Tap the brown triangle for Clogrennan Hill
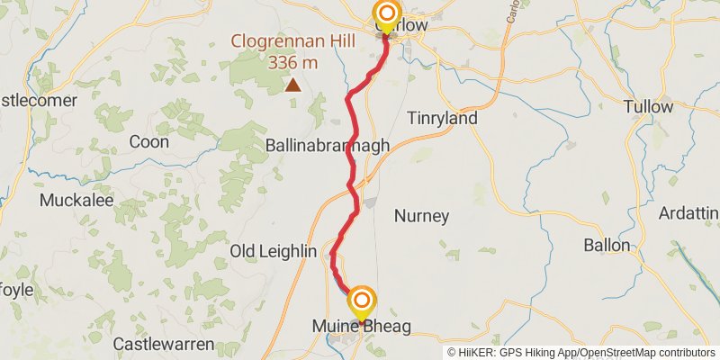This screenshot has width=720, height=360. (292, 85)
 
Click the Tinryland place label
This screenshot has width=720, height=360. (442, 118)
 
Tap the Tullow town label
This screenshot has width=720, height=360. (648, 107)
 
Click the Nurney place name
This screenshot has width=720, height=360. (422, 216)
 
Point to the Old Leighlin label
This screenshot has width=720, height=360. (269, 250)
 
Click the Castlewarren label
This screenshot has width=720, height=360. (164, 344)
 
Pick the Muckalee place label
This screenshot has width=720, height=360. (76, 200)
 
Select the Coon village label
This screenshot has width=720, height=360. (148, 141)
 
